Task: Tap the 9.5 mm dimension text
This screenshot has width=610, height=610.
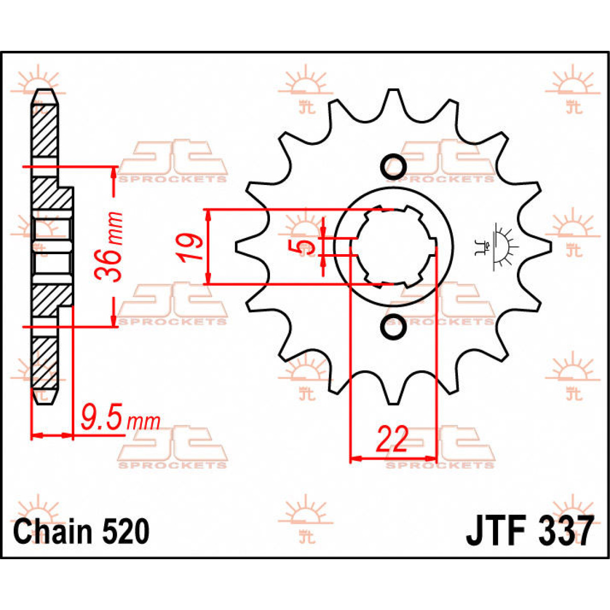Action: click(120, 420)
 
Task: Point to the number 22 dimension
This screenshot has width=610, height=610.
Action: click(392, 439)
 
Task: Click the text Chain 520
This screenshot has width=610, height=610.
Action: click(81, 531)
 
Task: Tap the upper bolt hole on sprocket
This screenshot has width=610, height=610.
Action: click(393, 166)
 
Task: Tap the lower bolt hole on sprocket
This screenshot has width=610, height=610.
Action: click(393, 327)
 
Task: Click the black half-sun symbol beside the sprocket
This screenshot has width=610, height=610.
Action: click(501, 247)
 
